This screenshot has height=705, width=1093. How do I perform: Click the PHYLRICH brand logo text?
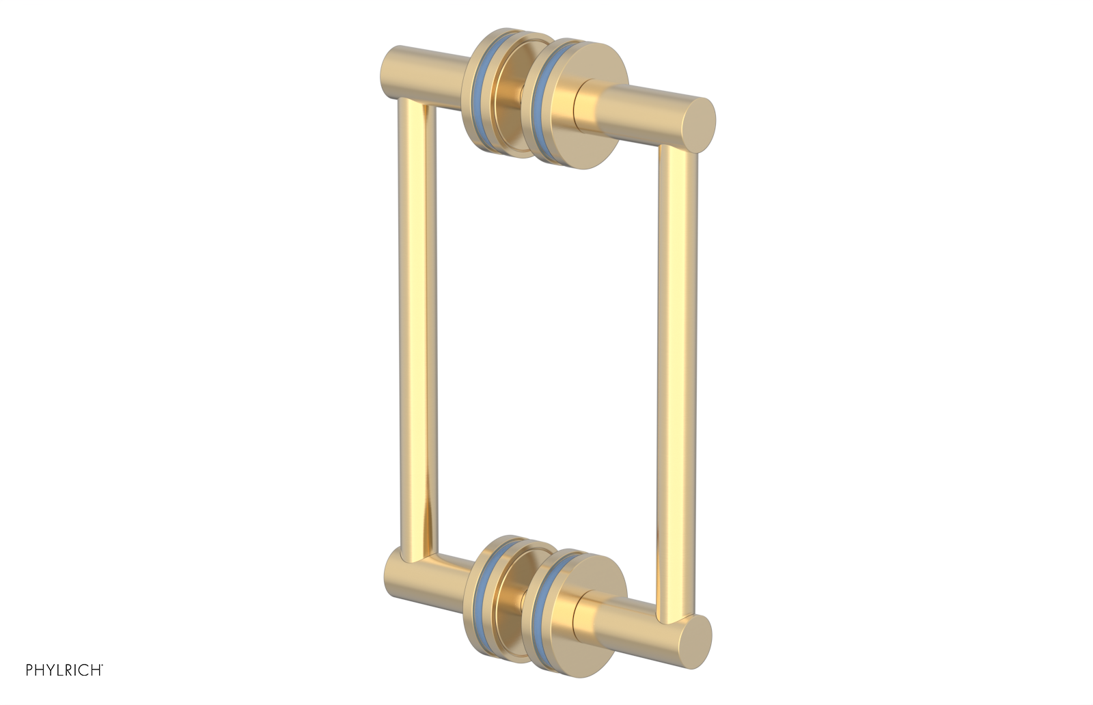pyautogui.click(x=64, y=670)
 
